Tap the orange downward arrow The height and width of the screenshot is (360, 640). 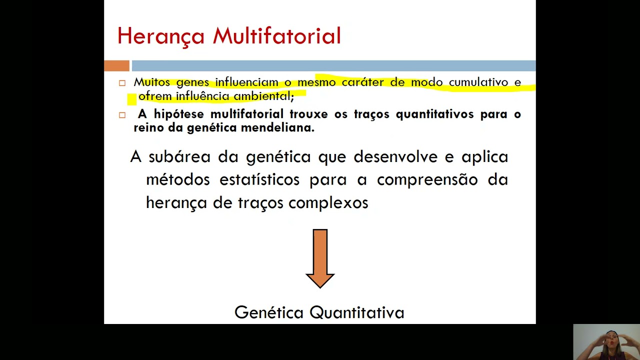(x=320, y=258)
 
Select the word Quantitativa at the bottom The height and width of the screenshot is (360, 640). (x=357, y=312)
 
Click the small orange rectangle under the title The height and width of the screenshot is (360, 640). (x=116, y=65)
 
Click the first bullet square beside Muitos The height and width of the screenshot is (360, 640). (x=122, y=83)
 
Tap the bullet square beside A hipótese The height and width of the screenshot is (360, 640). (x=122, y=115)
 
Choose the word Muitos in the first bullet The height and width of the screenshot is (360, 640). (x=152, y=82)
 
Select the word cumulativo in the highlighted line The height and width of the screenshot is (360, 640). (x=478, y=82)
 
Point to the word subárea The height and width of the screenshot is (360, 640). (x=180, y=157)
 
